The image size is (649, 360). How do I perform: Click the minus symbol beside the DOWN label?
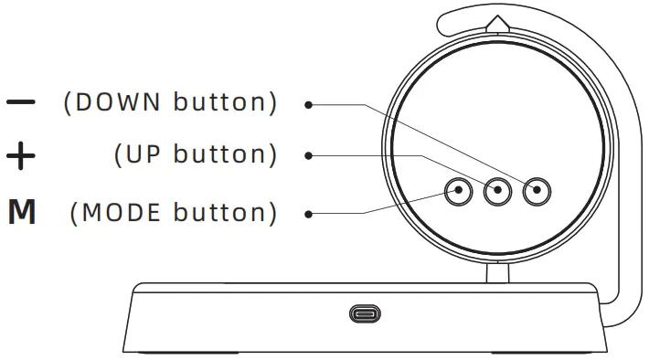(x=21, y=101)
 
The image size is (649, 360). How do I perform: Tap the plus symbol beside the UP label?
(x=21, y=156)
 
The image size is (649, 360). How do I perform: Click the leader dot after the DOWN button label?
(x=309, y=104)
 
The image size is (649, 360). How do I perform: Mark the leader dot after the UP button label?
(x=309, y=156)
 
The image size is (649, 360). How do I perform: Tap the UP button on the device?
(x=497, y=192)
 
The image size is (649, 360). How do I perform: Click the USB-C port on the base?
(x=366, y=314)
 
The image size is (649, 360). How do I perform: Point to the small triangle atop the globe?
(x=497, y=23)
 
